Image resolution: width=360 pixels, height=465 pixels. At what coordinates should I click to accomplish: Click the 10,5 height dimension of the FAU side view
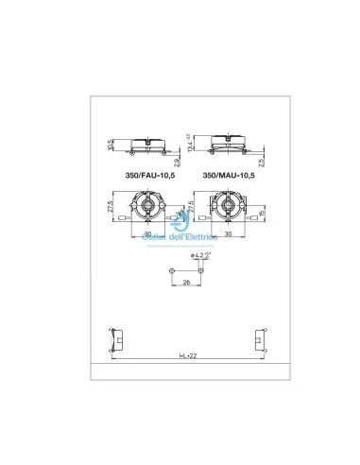pos(111,145)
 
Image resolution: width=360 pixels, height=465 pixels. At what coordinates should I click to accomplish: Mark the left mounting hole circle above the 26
pos(167,270)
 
